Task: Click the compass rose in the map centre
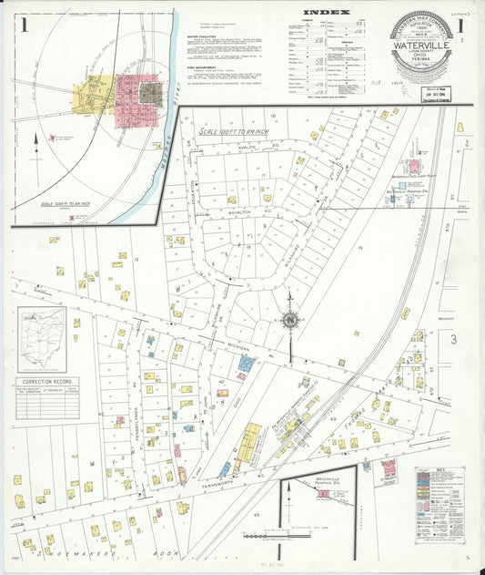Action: (290, 320)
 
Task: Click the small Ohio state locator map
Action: (42, 340)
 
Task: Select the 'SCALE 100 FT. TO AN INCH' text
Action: (235, 132)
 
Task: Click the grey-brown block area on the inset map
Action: (151, 92)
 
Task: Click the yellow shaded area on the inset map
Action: (97, 93)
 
